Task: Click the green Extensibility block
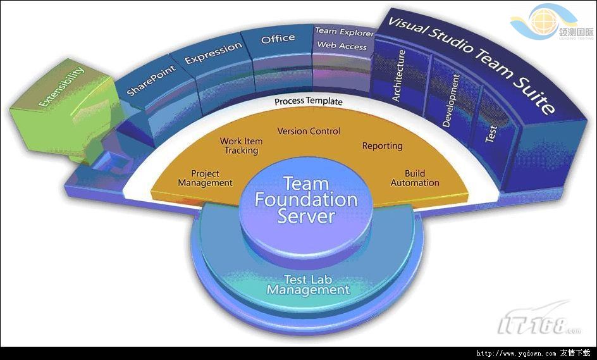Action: [x=61, y=94]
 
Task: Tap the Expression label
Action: [x=213, y=53]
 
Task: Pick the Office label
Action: [x=278, y=39]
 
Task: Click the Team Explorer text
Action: [x=344, y=32]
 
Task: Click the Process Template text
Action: [x=309, y=101]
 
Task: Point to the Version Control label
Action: [x=309, y=132]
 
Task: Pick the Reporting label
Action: [x=382, y=146]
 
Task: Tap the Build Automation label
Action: [x=415, y=178]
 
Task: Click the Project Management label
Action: [x=205, y=178]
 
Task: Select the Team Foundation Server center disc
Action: [x=306, y=200]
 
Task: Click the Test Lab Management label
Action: [x=308, y=285]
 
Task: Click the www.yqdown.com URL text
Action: [x=515, y=354]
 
